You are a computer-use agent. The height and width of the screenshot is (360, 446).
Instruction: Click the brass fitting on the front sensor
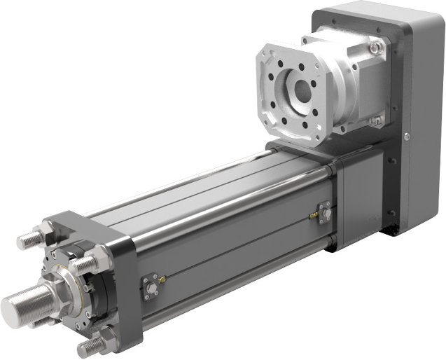[x=162, y=279]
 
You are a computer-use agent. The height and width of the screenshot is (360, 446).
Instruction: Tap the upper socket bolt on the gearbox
[x=376, y=48]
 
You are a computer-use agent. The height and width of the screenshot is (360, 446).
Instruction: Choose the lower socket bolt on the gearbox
[x=377, y=122]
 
